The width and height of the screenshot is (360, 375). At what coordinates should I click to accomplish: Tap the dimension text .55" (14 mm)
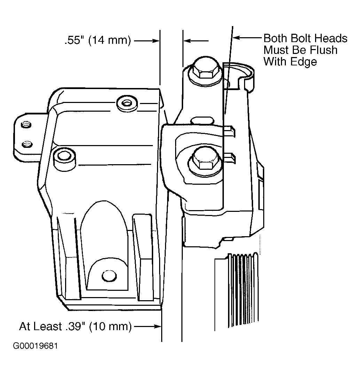[x=97, y=41]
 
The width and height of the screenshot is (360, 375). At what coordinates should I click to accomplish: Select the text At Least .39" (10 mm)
[x=75, y=327]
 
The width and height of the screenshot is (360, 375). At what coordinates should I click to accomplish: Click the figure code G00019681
[x=35, y=346]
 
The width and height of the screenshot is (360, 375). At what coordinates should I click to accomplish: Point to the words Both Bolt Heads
[x=305, y=38]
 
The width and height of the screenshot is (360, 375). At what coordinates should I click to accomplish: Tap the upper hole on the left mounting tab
[x=25, y=125]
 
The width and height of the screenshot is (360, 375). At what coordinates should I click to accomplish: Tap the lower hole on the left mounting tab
[x=25, y=144]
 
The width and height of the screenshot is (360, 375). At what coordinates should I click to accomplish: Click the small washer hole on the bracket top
[x=127, y=103]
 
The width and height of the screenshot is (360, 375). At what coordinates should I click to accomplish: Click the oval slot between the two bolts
[x=202, y=120]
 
